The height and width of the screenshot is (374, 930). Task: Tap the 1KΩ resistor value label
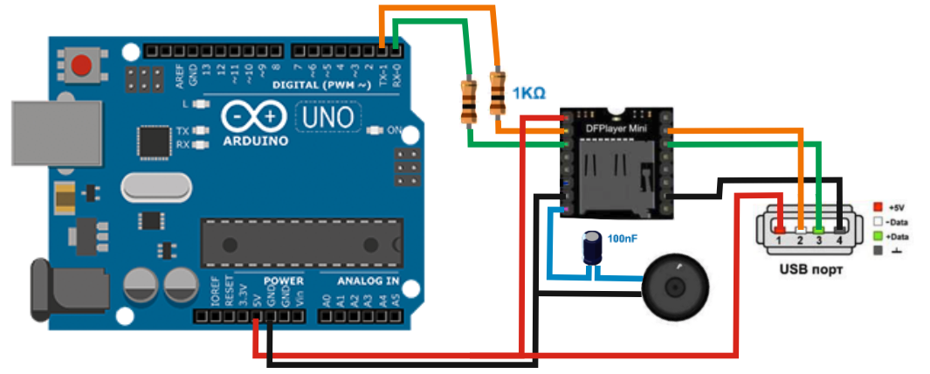click(x=530, y=93)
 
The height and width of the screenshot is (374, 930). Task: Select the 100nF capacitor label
click(x=623, y=238)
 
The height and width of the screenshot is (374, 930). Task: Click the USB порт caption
click(x=808, y=268)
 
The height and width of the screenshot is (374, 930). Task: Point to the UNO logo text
click(x=328, y=115)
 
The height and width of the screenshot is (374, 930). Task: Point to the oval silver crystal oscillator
click(x=156, y=187)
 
